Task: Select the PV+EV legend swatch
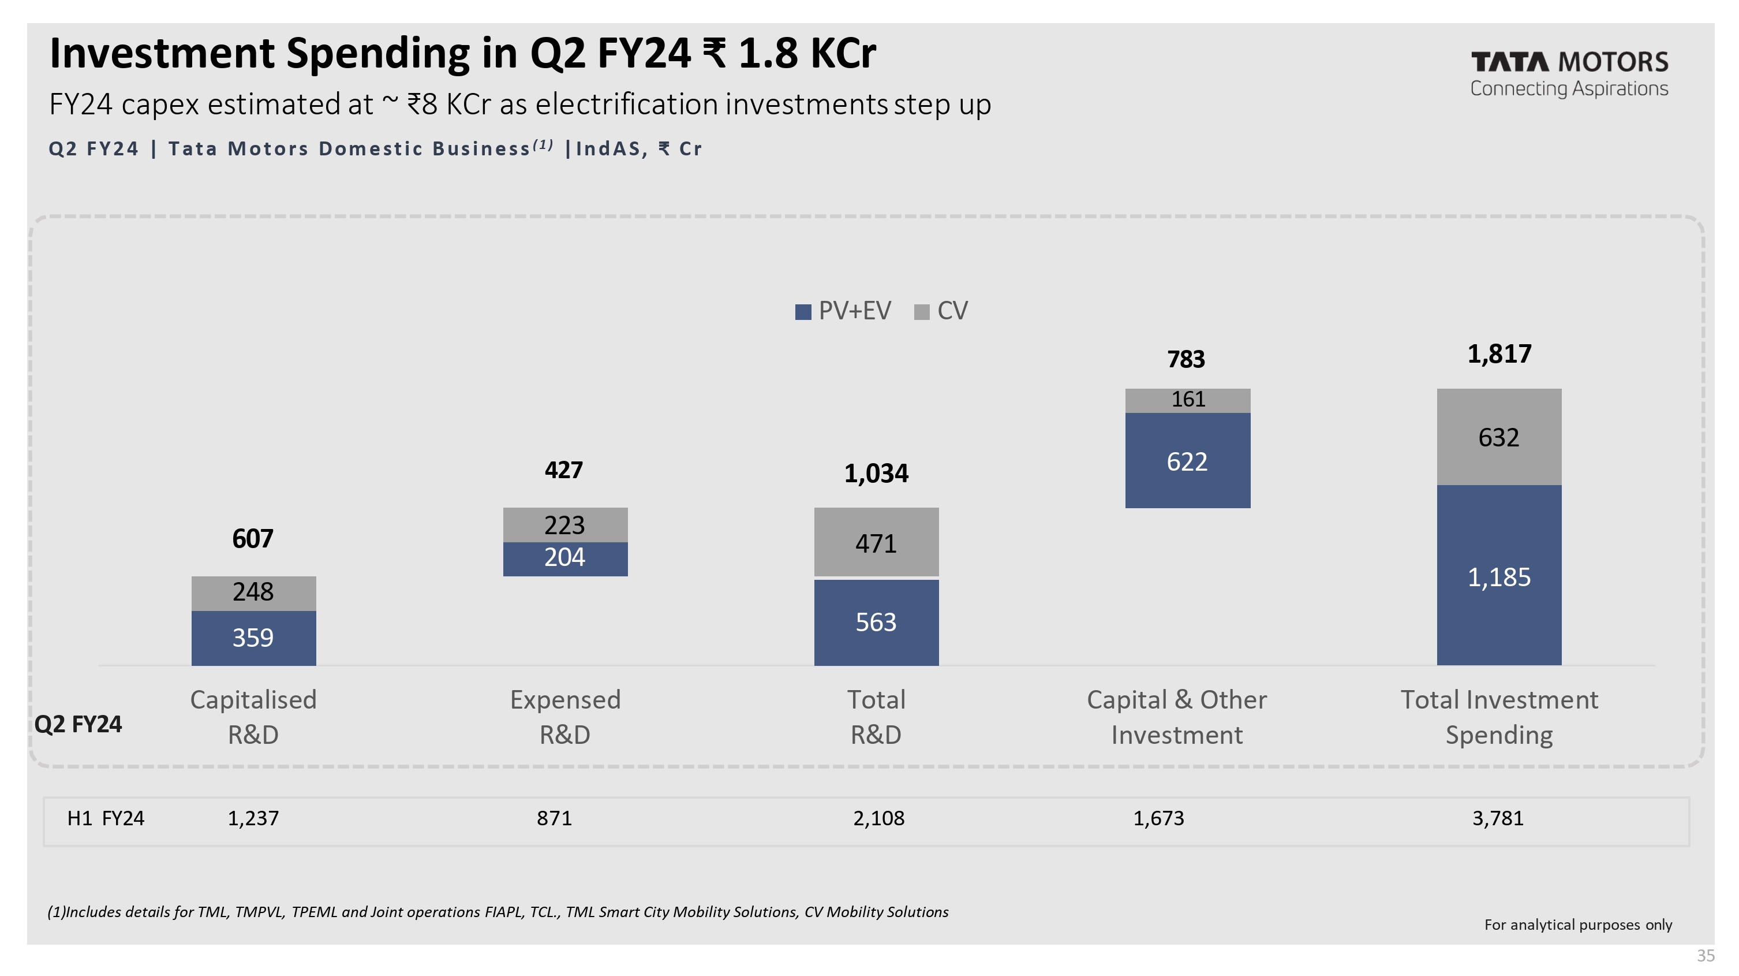coord(803,312)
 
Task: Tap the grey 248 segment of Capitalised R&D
coord(253,593)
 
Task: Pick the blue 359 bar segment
coord(253,638)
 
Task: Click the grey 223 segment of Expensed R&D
coord(565,525)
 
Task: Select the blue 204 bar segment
coord(565,558)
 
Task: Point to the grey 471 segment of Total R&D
coord(876,542)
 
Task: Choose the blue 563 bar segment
coord(876,622)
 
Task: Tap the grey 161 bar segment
coord(1187,400)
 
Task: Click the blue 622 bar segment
coord(1187,461)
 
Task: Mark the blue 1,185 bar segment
coord(1499,576)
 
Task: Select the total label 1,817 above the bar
coord(1499,354)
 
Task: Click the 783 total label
coord(1186,359)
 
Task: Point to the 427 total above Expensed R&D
coord(564,470)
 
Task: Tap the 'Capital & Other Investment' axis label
coord(1177,717)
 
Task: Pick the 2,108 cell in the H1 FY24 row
coord(878,818)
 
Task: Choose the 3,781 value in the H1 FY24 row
coord(1497,818)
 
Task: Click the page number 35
coord(1706,956)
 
